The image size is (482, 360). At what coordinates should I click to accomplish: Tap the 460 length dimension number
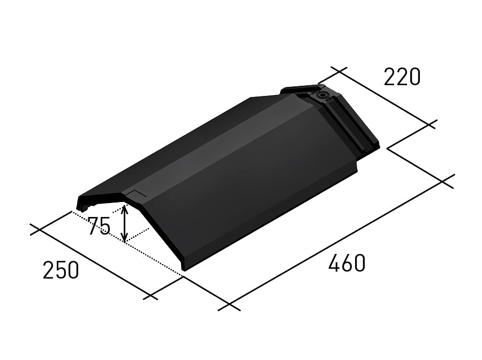[347, 263]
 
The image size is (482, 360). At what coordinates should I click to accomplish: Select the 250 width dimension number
[61, 271]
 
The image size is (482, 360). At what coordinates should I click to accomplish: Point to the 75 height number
[99, 227]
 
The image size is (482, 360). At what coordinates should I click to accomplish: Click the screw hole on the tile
[323, 95]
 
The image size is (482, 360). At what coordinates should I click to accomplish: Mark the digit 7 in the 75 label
[93, 227]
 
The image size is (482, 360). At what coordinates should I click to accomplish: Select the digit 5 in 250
[61, 271]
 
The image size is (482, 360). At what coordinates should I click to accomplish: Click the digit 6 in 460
[347, 263]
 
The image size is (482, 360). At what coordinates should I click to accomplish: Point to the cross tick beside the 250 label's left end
[36, 230]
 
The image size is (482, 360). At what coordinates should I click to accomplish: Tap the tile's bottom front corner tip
[184, 269]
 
